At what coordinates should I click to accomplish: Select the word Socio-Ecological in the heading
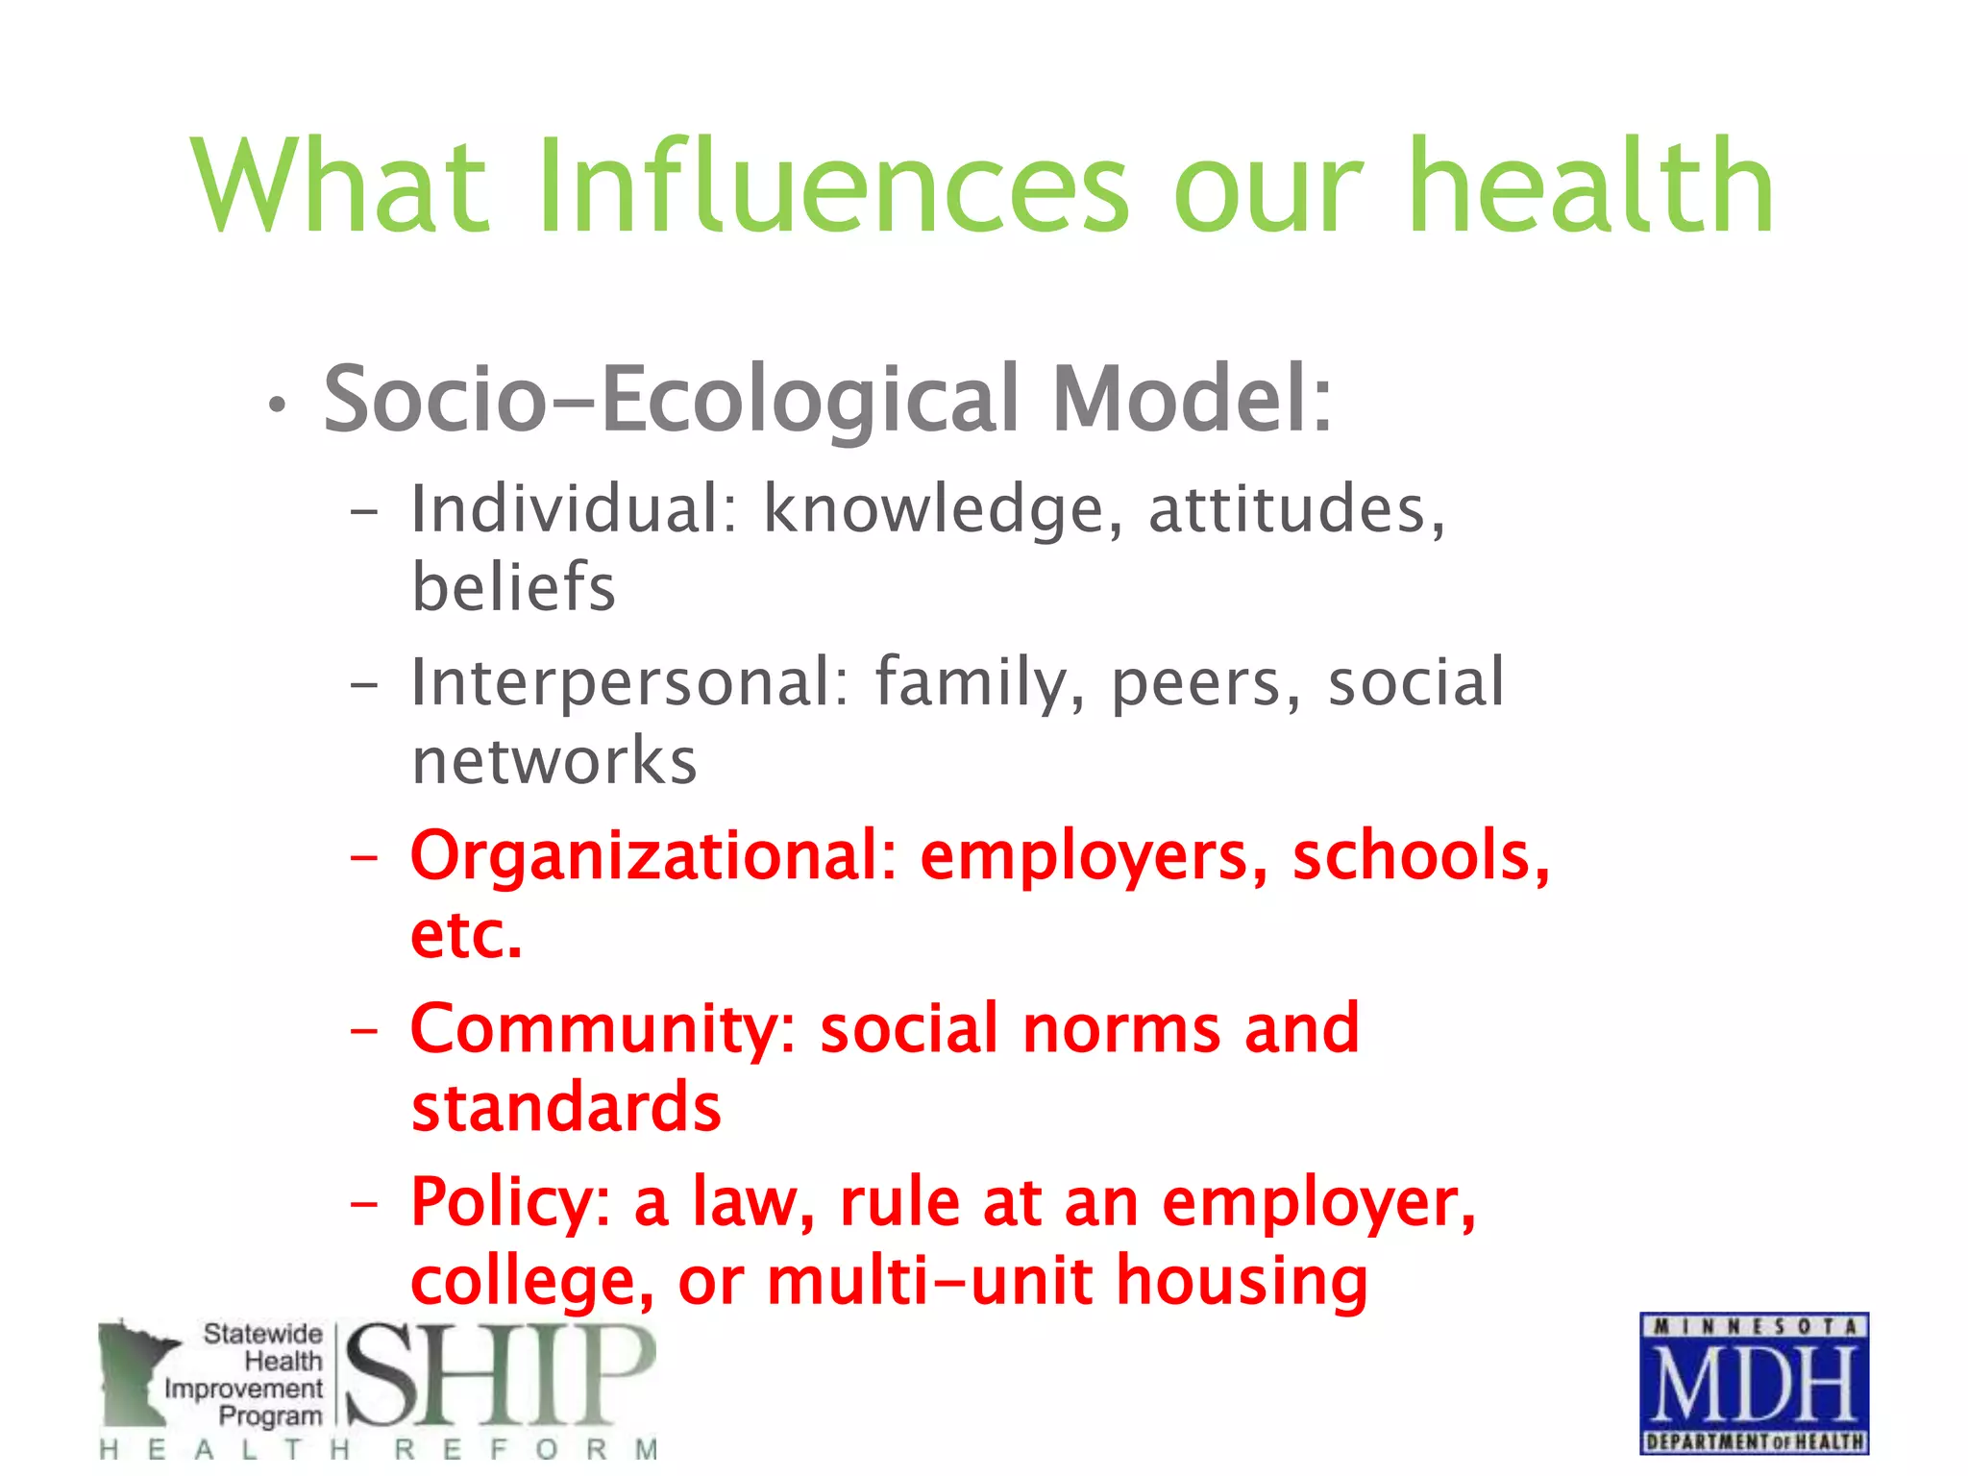click(670, 399)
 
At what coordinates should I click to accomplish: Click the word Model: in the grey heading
click(1192, 399)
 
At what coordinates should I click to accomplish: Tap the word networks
click(553, 760)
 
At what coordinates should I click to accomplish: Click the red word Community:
click(603, 1029)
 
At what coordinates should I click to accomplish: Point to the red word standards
click(565, 1107)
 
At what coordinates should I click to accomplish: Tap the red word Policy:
click(510, 1203)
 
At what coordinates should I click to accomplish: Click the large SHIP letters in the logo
click(500, 1375)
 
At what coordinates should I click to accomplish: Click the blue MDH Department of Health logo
click(1754, 1383)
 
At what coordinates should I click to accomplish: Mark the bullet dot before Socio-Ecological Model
click(277, 406)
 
